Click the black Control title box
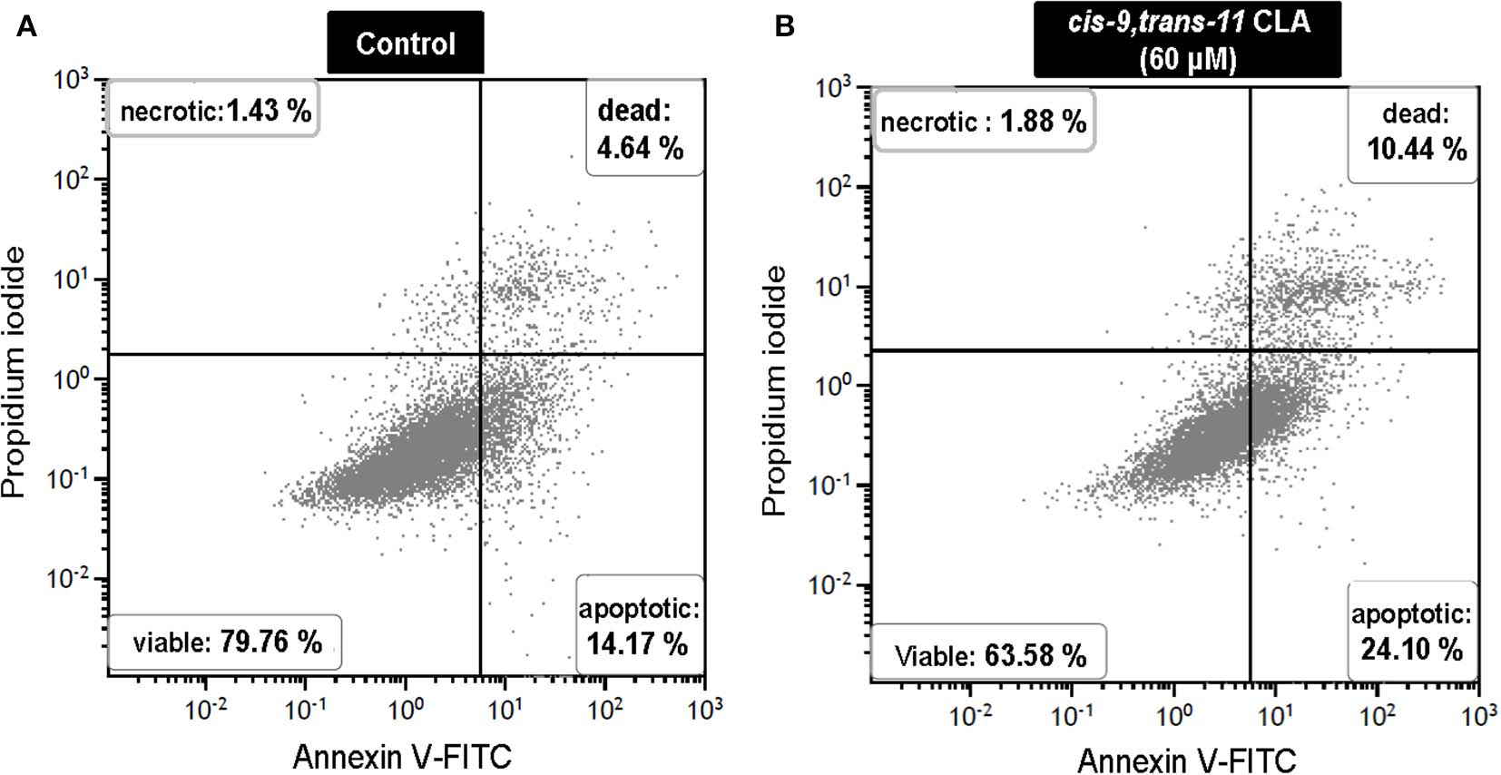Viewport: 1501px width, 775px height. coord(405,43)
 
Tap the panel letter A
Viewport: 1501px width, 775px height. coord(26,27)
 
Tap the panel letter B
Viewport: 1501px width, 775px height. coord(784,27)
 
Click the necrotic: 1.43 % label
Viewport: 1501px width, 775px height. coord(214,111)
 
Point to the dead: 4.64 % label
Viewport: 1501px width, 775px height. coord(643,129)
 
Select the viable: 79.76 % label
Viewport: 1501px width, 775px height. coord(226,643)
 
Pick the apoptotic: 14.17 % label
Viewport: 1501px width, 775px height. coord(639,626)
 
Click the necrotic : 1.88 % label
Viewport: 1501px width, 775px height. coord(983,121)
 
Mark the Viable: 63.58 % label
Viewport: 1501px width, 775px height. coord(989,655)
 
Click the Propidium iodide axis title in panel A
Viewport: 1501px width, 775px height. coord(15,371)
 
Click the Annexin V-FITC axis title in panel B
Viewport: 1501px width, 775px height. coord(1186,759)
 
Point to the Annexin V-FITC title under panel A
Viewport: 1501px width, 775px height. coord(402,755)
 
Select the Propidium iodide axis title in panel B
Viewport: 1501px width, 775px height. coord(774,390)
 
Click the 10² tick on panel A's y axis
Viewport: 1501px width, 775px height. coord(73,178)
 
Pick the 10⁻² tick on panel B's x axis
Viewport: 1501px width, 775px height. coord(969,716)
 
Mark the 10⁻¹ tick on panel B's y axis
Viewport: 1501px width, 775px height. coord(829,485)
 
